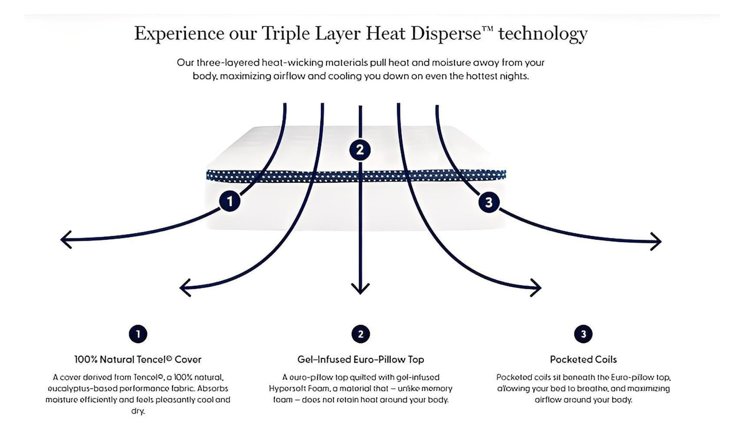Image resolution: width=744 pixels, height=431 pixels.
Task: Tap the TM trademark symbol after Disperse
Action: point(487,30)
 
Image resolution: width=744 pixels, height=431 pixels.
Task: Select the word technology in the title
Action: point(543,34)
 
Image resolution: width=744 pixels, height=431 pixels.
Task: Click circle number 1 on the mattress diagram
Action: point(230,201)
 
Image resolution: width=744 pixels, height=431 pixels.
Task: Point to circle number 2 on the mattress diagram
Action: point(360,150)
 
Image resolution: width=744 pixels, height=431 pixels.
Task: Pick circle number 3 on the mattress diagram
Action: point(489,202)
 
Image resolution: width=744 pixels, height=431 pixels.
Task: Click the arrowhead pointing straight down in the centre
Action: point(360,289)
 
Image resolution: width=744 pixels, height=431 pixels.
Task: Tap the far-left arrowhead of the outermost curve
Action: point(64,239)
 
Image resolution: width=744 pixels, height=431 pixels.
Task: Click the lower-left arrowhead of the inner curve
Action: point(183,288)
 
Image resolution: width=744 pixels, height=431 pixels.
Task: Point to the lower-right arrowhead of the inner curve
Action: point(538,288)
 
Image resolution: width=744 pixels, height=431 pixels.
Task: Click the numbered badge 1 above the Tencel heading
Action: point(138,334)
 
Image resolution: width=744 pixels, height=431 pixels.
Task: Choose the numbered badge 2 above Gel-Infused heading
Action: point(360,334)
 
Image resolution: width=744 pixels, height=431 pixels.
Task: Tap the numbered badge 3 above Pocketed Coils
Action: point(583,334)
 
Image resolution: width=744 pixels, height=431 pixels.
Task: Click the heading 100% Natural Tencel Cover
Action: point(138,359)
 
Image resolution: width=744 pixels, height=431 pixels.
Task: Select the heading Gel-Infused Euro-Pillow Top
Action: point(360,359)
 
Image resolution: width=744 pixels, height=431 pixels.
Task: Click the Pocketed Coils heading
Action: point(583,359)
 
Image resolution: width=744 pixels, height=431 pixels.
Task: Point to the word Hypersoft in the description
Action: point(288,388)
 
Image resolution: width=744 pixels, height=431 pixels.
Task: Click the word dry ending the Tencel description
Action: point(138,411)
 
